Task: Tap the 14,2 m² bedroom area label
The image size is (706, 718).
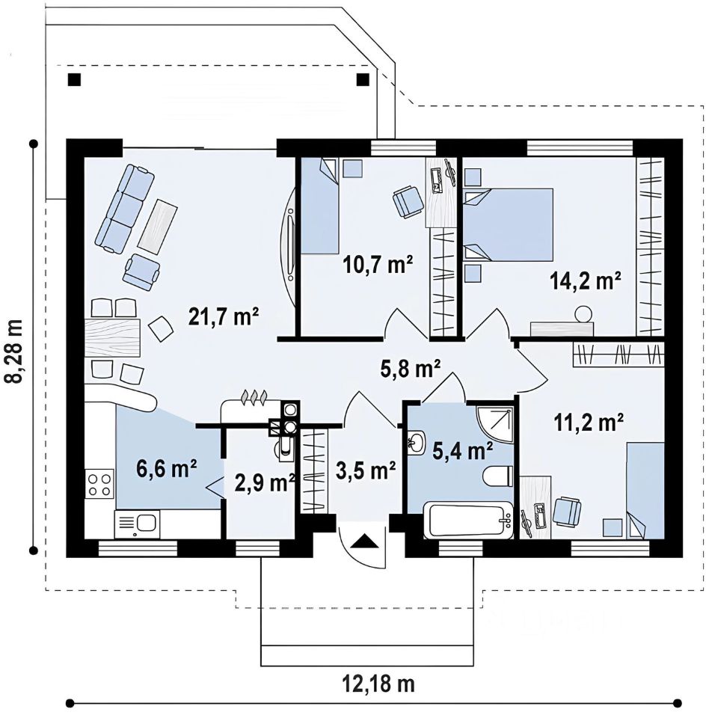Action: [x=585, y=280]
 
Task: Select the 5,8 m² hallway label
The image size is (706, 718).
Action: [x=411, y=368]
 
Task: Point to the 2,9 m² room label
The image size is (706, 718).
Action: [x=264, y=482]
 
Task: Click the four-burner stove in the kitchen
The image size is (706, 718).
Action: [x=99, y=485]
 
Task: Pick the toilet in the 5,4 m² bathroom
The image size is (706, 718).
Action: [x=498, y=476]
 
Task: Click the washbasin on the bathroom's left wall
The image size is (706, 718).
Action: [x=416, y=442]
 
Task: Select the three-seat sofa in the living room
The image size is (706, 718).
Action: [x=125, y=209]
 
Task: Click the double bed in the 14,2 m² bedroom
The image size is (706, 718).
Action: [x=508, y=225]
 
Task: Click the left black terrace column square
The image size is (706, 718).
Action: [x=74, y=80]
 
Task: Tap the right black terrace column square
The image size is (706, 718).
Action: [x=363, y=80]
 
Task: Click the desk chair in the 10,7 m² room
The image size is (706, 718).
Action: [x=408, y=201]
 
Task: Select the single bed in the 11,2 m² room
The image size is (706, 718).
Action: [x=645, y=491]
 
